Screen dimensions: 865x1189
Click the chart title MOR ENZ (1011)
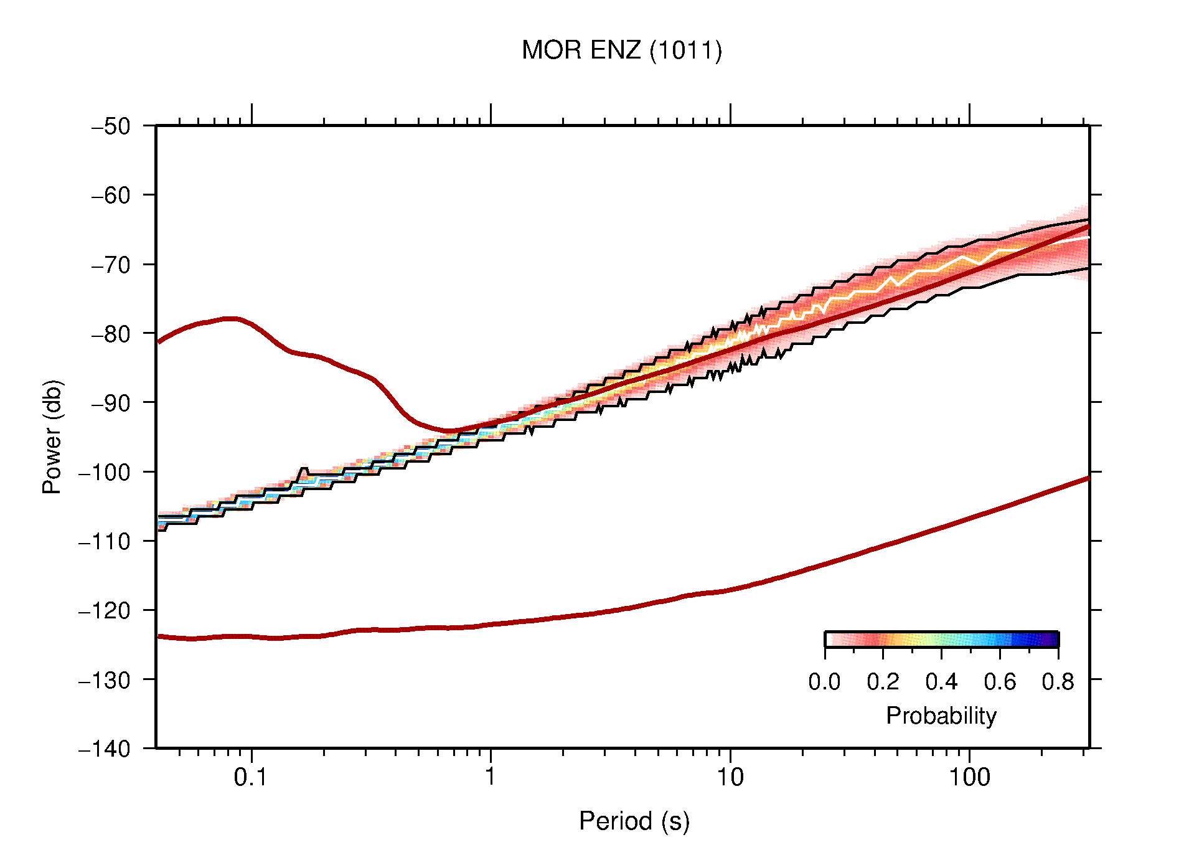[x=621, y=50]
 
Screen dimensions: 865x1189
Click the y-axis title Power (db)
[x=52, y=437]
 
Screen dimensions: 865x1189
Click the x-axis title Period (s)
[x=634, y=821]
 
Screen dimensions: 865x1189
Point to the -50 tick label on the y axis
[x=111, y=126]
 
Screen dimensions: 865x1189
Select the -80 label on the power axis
[x=111, y=334]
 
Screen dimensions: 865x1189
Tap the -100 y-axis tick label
[x=105, y=472]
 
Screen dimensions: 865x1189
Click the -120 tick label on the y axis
[x=105, y=610]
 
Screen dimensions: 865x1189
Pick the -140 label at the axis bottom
[x=105, y=749]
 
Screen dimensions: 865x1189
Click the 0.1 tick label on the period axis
[x=251, y=777]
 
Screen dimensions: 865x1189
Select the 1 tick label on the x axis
[x=491, y=777]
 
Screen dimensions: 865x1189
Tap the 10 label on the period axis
[x=730, y=777]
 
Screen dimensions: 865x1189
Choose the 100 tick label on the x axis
[x=969, y=777]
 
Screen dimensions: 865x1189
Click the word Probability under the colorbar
[x=941, y=716]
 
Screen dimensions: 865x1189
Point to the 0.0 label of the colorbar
[x=824, y=682]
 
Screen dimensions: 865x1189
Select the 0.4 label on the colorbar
[x=941, y=682]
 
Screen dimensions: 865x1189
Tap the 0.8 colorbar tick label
[x=1058, y=682]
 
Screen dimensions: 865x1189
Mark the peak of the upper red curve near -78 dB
[x=230, y=318]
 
